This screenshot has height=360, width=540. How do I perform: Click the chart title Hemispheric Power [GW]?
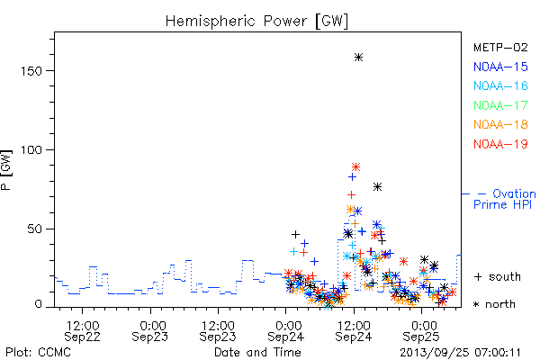(x=256, y=21)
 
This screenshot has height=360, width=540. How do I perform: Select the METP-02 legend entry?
(x=500, y=47)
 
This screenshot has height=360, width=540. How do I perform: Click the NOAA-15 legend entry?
(x=500, y=67)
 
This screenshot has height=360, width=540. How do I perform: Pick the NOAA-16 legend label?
(x=500, y=85)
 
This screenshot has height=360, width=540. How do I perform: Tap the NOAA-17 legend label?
(x=500, y=105)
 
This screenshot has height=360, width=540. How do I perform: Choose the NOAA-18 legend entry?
(x=500, y=124)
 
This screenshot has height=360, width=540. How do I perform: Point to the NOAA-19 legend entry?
(x=500, y=144)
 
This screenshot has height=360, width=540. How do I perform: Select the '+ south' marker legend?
(x=498, y=276)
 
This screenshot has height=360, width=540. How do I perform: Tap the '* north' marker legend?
(x=494, y=304)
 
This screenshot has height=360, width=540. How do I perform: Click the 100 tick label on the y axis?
(x=31, y=150)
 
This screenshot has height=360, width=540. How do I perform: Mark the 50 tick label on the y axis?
(x=35, y=229)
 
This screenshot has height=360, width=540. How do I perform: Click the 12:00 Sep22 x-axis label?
(x=82, y=331)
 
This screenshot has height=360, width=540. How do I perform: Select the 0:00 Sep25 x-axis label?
(x=421, y=331)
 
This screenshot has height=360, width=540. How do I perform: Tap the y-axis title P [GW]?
(x=6, y=170)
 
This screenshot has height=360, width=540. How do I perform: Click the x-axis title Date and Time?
(x=257, y=352)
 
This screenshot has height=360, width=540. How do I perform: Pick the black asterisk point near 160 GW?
(x=358, y=58)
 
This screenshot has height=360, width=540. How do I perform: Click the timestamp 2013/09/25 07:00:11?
(x=460, y=353)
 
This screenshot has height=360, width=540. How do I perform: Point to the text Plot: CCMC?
(x=38, y=353)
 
